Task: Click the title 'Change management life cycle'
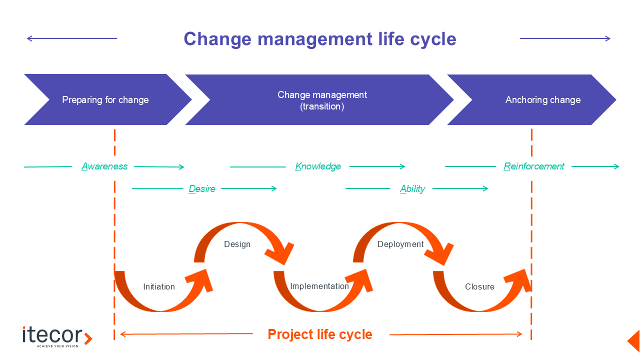319,39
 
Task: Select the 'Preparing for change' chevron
105,99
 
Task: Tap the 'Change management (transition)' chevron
322,100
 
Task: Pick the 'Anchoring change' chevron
542,99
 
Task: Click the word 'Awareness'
104,166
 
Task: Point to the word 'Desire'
202,189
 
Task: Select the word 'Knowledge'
318,166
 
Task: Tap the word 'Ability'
412,189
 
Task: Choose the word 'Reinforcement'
534,166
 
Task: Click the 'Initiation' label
159,286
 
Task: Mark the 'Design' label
237,244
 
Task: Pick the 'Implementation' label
319,286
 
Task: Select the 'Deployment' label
400,244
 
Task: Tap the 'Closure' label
479,286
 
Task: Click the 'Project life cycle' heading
320,334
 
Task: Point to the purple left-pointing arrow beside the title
71,38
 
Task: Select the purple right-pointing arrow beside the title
565,38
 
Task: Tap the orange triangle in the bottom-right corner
634,340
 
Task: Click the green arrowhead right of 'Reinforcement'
616,166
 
